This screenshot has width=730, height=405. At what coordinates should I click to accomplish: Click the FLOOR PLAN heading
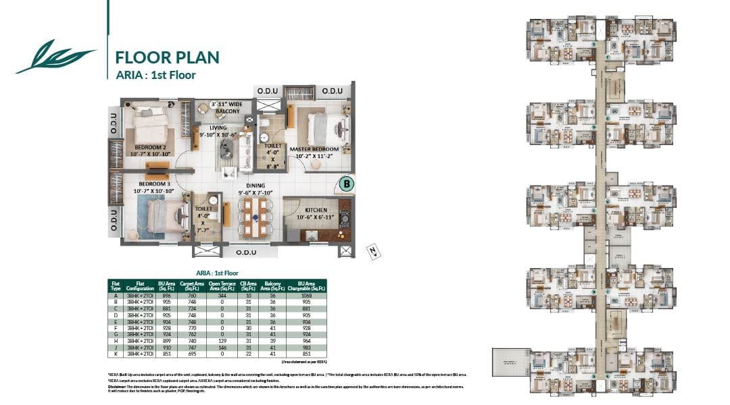(167, 57)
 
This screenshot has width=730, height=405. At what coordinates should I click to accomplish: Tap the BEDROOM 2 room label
(150, 147)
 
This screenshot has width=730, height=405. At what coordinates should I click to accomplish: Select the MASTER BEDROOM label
(314, 148)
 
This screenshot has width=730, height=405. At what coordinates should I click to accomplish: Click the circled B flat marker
(346, 183)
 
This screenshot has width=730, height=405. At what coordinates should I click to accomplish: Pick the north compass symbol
(371, 250)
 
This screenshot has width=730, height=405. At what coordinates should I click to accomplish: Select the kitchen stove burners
(345, 217)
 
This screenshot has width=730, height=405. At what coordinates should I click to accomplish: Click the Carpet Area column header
(189, 286)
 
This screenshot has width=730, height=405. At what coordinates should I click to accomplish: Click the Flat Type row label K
(116, 354)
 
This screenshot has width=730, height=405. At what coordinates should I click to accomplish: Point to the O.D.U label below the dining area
(247, 252)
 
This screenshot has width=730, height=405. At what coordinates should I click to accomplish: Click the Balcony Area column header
(273, 286)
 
